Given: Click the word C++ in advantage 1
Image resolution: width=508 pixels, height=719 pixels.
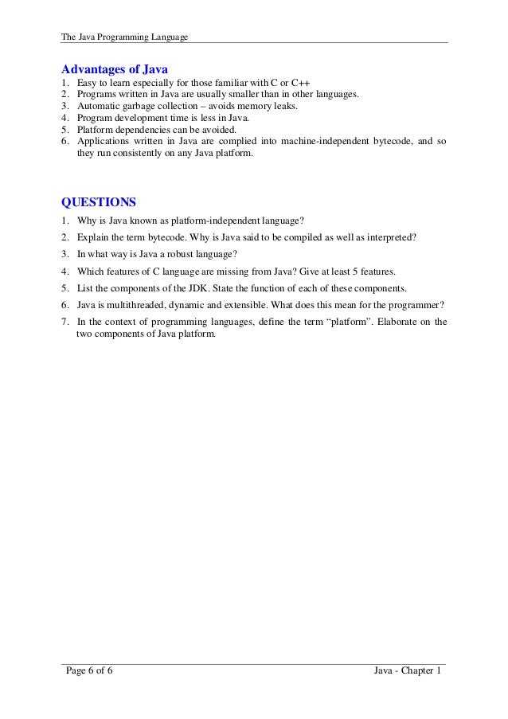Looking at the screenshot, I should [300, 83].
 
